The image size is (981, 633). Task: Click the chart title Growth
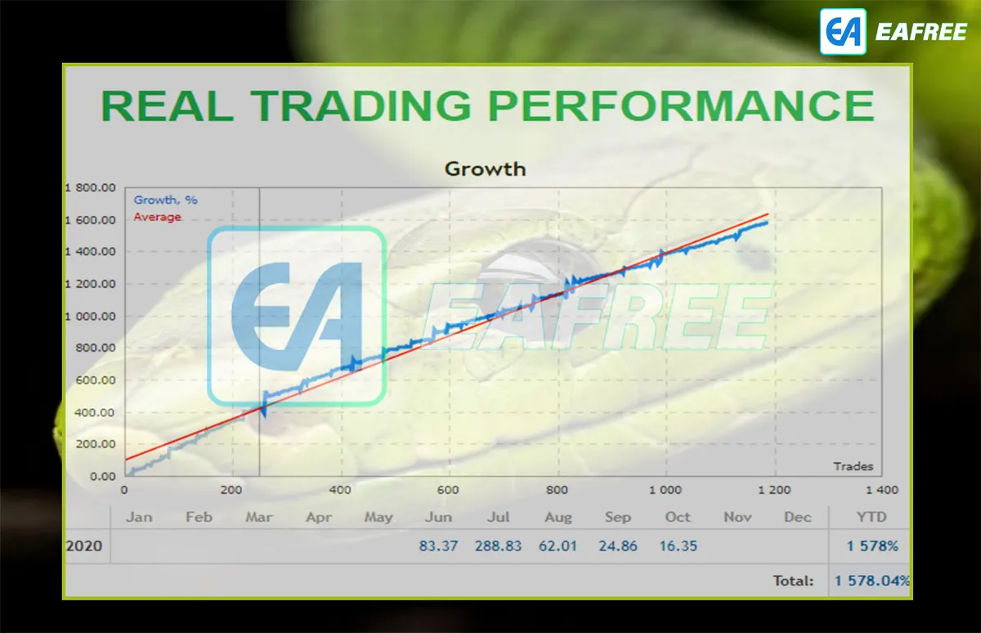coord(486,169)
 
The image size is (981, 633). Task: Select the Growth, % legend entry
coord(165,200)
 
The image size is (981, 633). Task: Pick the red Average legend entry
coord(157,217)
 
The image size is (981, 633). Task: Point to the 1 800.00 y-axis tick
coord(91,188)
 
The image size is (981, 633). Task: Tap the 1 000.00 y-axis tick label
coord(91,316)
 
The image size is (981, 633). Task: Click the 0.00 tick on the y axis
coord(103,476)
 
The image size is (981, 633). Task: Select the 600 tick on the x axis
coord(448,490)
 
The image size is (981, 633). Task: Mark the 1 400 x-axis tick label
coord(882,490)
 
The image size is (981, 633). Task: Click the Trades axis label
coord(853,466)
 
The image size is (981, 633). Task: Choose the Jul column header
coord(499,518)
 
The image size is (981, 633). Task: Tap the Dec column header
coord(798,518)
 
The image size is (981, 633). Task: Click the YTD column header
coord(871,518)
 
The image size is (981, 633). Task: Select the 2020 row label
coord(84,546)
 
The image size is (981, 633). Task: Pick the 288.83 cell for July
coord(499,546)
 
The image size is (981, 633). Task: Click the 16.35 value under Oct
coord(679,546)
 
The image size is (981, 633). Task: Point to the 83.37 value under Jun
coord(438,546)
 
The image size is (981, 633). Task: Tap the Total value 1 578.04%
coord(872,581)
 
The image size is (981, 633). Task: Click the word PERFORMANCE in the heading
coord(682,105)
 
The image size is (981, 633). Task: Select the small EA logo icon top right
coord(843,32)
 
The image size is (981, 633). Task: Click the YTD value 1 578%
coord(872,546)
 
